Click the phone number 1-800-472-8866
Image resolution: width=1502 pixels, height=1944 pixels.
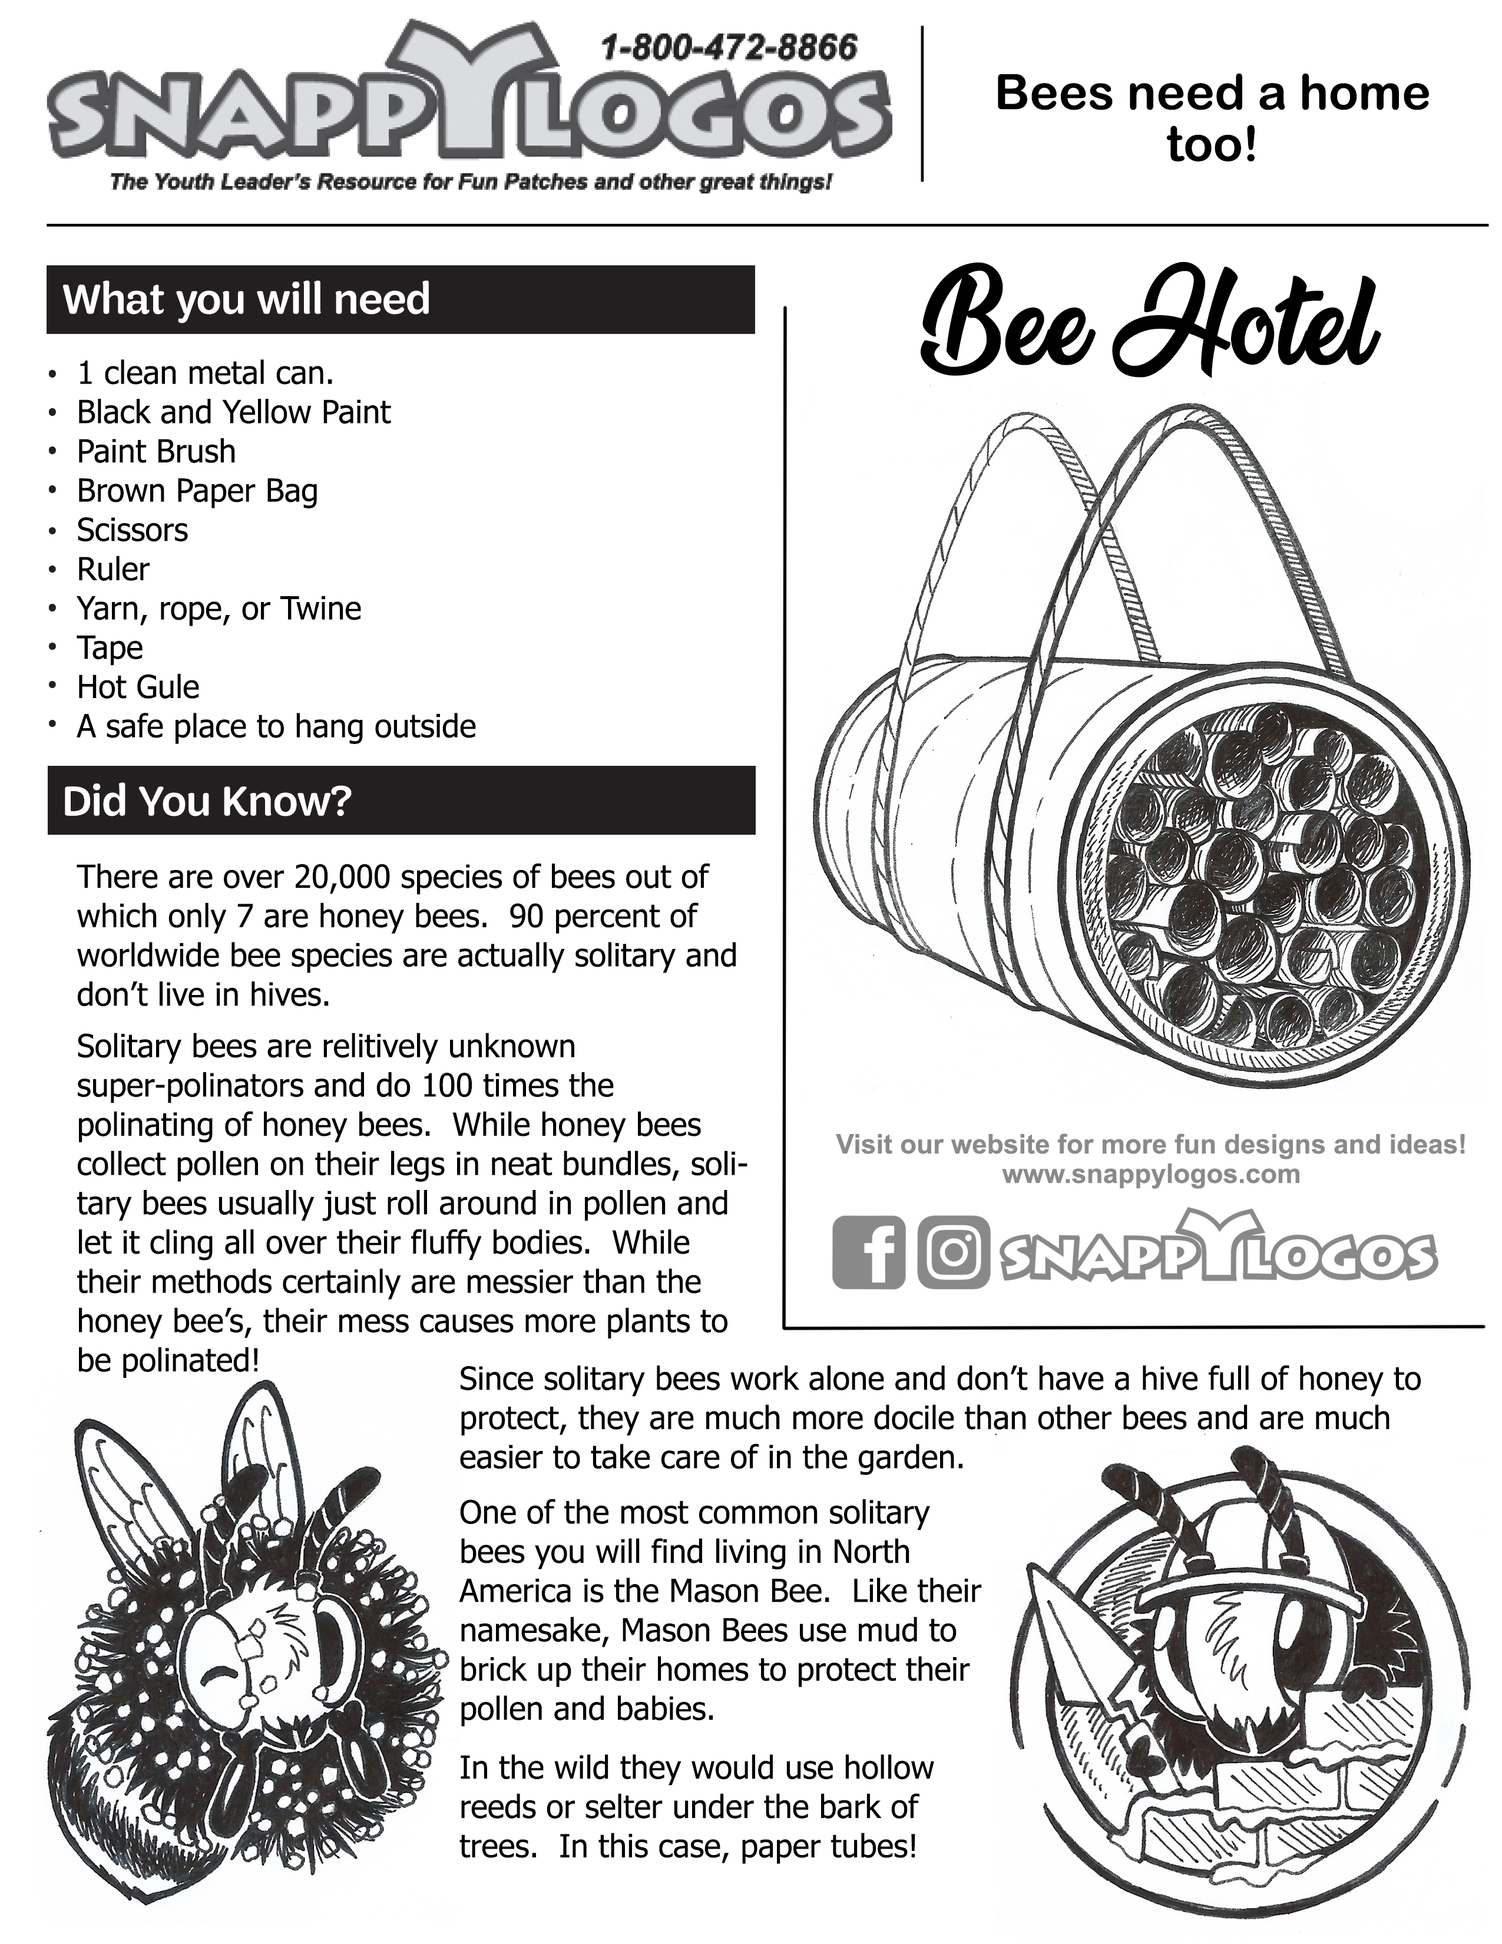pyautogui.click(x=729, y=47)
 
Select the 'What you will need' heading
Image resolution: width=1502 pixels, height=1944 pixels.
pyautogui.click(x=246, y=299)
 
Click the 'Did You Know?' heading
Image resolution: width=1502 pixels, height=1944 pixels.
pyautogui.click(x=207, y=801)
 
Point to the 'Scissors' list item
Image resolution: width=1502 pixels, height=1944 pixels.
pyautogui.click(x=133, y=531)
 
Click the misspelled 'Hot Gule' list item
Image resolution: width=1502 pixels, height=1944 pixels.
pyautogui.click(x=138, y=687)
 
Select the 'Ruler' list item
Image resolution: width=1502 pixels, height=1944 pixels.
pyautogui.click(x=113, y=570)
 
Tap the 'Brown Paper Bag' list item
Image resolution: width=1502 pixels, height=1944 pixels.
pyautogui.click(x=197, y=491)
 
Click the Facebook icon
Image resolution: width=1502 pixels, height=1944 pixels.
pyautogui.click(x=868, y=1252)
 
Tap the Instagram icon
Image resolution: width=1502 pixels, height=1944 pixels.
pyautogui.click(x=953, y=1252)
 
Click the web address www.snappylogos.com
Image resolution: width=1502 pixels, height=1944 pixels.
pyautogui.click(x=1150, y=1175)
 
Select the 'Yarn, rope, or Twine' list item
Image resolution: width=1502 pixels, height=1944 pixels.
pyautogui.click(x=219, y=609)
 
